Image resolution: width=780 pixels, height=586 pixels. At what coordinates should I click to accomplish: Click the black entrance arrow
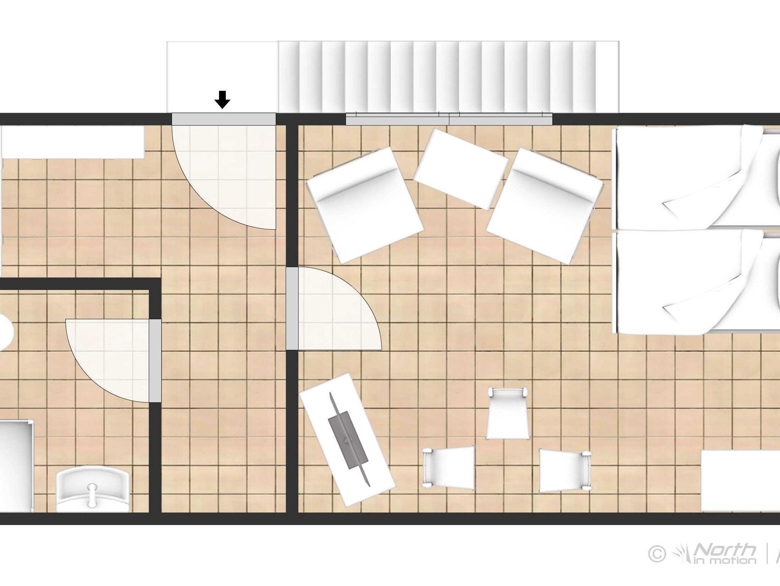[222, 99]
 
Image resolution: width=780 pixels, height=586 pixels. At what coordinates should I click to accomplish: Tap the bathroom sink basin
[93, 490]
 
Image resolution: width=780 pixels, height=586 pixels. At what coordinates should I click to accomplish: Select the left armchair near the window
[364, 205]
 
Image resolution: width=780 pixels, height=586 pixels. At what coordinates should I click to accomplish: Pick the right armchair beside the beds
[545, 206]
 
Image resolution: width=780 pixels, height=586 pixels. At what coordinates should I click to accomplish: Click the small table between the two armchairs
[460, 169]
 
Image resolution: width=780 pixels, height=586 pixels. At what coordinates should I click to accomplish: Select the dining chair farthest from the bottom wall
[507, 413]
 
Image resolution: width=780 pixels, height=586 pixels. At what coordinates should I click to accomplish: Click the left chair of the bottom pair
[448, 468]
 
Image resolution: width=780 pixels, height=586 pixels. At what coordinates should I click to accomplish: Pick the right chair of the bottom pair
[566, 471]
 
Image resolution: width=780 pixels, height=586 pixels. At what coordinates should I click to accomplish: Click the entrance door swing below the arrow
[224, 177]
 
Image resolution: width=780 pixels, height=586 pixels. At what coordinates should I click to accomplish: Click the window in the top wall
[449, 119]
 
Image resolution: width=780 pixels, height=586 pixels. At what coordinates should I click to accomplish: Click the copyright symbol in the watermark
[657, 554]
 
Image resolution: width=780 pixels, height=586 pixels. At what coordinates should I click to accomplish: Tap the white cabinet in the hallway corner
[72, 142]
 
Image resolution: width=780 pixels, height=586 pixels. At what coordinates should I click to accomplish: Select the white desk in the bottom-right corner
[740, 481]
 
